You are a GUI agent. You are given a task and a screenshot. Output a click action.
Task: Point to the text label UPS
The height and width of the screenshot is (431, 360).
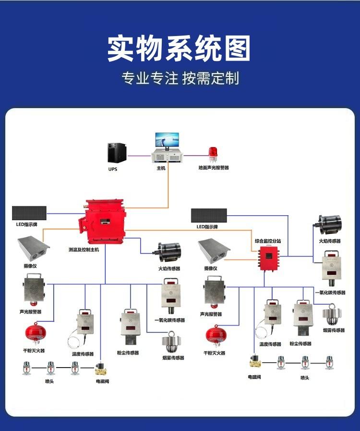click(x=112, y=170)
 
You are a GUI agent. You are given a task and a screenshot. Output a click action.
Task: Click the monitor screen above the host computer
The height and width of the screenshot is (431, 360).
click(x=167, y=140)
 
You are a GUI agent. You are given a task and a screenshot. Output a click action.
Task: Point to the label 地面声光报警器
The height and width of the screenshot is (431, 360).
click(x=214, y=168)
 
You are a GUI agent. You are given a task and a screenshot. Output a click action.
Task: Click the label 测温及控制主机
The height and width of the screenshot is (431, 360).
click(x=84, y=250)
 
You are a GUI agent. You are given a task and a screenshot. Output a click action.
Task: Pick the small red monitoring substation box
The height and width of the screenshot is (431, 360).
click(x=266, y=259)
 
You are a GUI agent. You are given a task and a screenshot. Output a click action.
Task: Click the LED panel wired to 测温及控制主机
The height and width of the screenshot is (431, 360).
click(x=29, y=213)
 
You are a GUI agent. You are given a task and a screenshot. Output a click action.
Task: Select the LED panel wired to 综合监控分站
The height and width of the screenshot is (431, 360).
click(x=209, y=216)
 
